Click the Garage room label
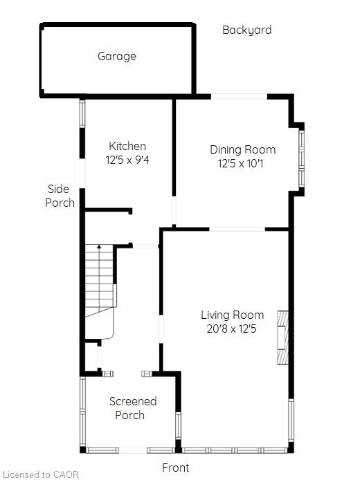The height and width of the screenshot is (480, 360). tap(117, 56)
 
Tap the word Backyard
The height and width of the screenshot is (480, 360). tap(247, 30)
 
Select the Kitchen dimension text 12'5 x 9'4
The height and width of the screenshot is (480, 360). tap(127, 160)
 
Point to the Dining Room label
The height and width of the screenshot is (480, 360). tap(243, 149)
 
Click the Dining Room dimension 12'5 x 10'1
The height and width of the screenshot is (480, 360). tap(240, 163)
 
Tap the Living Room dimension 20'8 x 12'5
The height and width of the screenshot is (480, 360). tap(231, 329)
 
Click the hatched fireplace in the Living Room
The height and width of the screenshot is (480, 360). tap(282, 338)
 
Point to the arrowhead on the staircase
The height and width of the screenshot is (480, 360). tap(99, 246)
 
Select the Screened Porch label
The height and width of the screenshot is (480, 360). tap(133, 408)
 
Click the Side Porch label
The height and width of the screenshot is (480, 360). tap(60, 196)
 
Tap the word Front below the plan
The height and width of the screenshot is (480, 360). tap(176, 468)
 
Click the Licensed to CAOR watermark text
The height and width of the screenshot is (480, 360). tap(40, 474)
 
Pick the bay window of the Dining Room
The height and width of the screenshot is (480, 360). tap(301, 158)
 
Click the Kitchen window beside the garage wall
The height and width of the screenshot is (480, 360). tap(82, 113)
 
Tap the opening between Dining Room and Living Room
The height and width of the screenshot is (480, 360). tap(237, 229)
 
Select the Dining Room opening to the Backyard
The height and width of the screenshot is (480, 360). tap(239, 96)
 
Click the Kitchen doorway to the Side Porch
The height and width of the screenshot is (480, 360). tap(82, 174)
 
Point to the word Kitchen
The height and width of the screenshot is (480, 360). tap(127, 146)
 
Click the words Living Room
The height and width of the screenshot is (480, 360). tap(232, 315)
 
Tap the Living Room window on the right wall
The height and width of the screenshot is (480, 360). tap(291, 420)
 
